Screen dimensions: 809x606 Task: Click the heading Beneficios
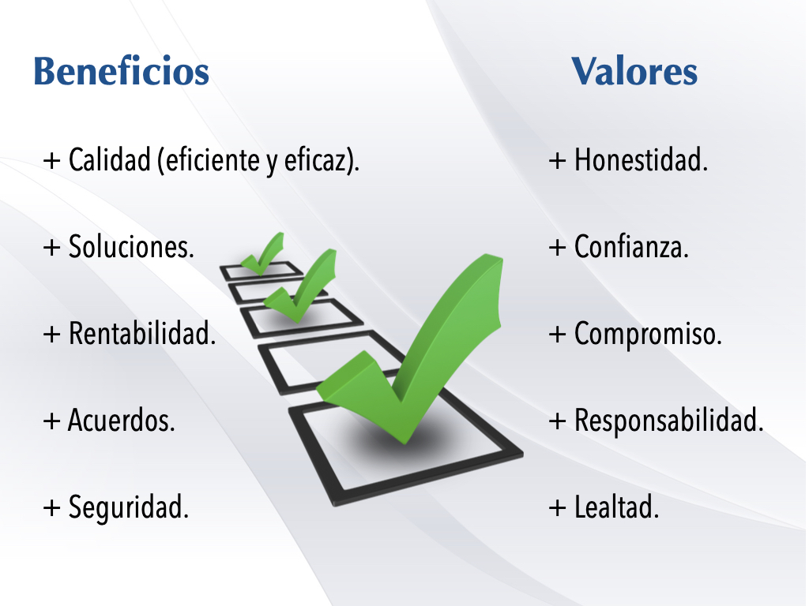tap(121, 71)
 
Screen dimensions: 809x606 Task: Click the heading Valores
tap(634, 71)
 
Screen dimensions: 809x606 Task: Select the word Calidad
tap(109, 159)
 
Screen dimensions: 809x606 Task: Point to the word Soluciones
tap(131, 247)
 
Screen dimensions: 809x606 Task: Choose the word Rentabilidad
tap(142, 334)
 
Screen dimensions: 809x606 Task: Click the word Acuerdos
tap(121, 421)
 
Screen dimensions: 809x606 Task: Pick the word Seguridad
tap(129, 507)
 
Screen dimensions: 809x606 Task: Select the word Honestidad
tap(641, 159)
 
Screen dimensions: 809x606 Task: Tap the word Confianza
tap(631, 247)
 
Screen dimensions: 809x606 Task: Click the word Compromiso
tap(648, 335)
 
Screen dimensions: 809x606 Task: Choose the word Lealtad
tap(616, 507)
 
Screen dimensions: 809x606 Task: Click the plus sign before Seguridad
tap(51, 508)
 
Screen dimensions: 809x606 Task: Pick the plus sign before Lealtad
tap(557, 508)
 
